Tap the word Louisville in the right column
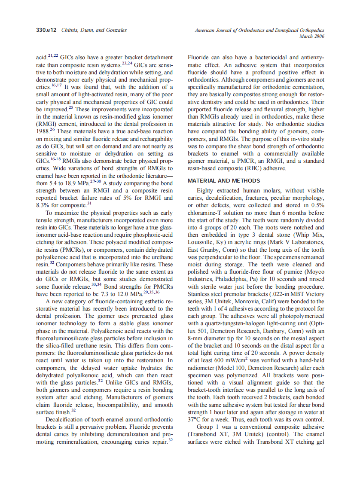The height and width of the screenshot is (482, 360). [202, 242]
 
